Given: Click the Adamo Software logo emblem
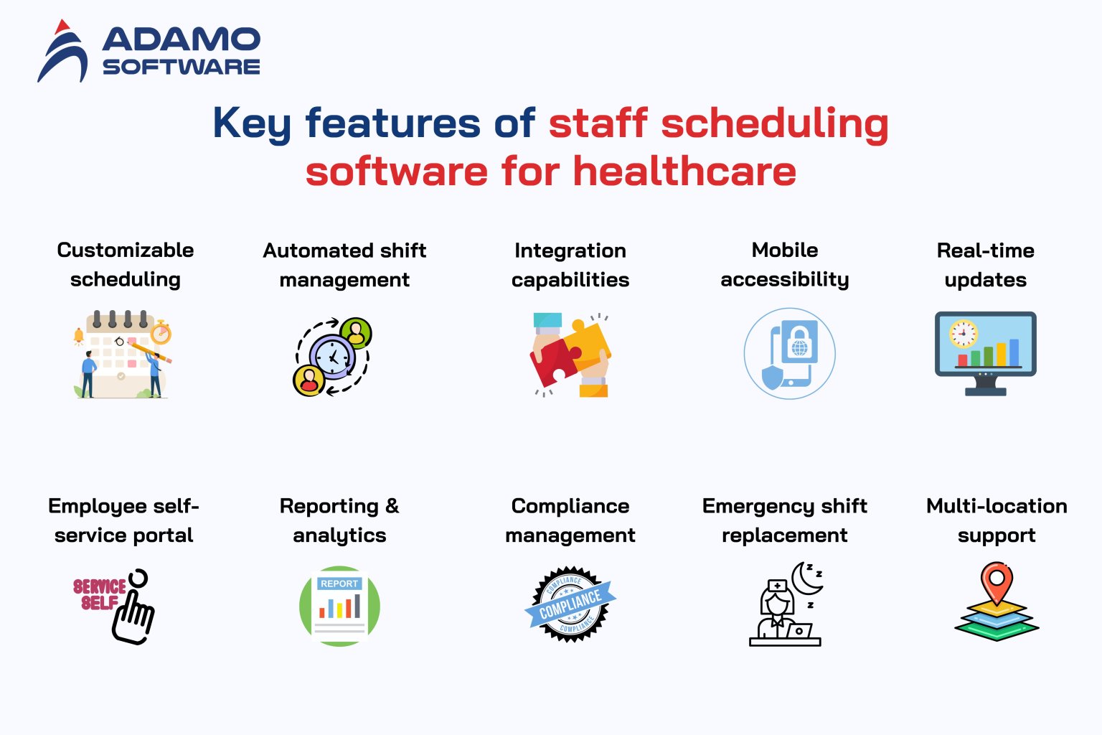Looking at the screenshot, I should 63,52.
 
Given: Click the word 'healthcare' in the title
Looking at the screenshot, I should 684,172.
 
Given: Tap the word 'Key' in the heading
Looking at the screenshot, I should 251,123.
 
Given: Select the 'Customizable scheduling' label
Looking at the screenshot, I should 126,264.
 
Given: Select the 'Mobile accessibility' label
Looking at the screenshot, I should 785,264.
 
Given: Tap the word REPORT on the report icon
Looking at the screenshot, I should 339,584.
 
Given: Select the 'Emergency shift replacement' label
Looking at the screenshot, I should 785,520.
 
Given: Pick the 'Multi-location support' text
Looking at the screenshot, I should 997,520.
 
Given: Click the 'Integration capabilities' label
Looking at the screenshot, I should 570,264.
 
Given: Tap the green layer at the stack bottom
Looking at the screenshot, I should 997,631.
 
